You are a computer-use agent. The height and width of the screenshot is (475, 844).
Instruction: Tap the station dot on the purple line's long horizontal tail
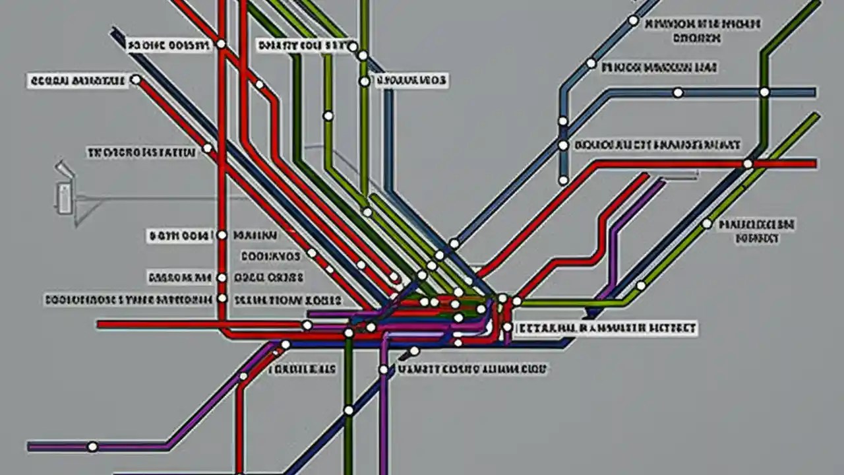click(x=92, y=447)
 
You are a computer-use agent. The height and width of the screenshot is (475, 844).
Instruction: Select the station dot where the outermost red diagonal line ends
click(x=136, y=80)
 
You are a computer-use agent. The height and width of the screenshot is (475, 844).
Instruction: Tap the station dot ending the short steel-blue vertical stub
click(x=563, y=179)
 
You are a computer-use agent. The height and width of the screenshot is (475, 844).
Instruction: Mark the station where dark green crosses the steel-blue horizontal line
click(x=764, y=92)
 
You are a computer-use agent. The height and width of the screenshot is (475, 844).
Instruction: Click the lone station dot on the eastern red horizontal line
click(x=748, y=164)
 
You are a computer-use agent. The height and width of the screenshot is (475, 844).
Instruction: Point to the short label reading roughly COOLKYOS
click(x=270, y=256)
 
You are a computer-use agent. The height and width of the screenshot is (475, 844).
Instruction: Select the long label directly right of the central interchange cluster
click(x=605, y=328)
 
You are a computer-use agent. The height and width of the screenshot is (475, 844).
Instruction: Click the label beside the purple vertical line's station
click(x=473, y=370)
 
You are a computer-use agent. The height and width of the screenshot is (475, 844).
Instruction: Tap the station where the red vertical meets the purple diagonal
click(x=243, y=376)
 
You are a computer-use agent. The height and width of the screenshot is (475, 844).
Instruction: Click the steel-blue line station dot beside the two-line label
click(x=633, y=20)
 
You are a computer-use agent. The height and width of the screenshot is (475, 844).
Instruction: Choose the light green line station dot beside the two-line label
click(x=707, y=224)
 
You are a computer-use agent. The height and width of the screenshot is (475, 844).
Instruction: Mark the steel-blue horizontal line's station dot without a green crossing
click(x=678, y=92)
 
